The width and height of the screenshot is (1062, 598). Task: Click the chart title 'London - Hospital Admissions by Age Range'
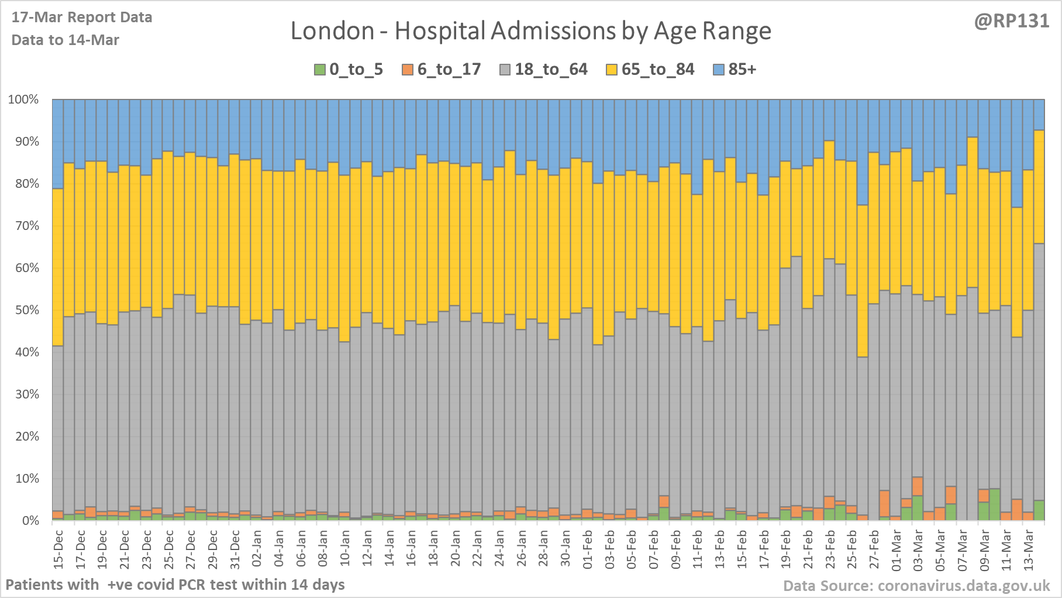[x=530, y=31]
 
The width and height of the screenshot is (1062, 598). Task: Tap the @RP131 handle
[x=1011, y=21]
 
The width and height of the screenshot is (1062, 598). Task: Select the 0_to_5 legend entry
[x=349, y=70]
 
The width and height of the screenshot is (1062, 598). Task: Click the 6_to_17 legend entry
[x=441, y=70]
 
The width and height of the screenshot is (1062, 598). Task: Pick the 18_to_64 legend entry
[x=543, y=70]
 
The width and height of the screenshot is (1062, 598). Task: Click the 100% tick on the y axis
[x=23, y=99]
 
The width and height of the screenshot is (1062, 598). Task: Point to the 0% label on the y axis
[x=30, y=521]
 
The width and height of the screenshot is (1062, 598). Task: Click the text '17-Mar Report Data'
[x=82, y=18]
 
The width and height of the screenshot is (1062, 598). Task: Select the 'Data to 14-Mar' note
[x=65, y=40]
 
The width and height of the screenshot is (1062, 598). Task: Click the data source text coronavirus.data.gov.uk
[x=916, y=586]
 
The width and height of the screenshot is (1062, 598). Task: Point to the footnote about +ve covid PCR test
[x=175, y=585]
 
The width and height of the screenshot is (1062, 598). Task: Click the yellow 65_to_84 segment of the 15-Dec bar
[x=58, y=267]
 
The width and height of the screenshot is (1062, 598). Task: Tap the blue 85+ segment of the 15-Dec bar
[x=58, y=144]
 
